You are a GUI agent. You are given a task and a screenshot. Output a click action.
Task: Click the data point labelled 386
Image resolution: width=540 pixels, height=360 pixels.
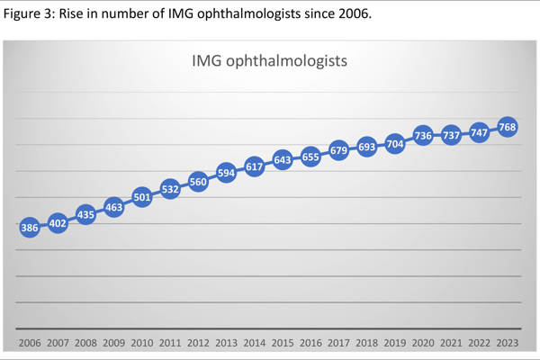29,228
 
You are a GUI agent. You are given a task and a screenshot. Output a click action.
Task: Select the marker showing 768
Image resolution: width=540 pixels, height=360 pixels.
507,128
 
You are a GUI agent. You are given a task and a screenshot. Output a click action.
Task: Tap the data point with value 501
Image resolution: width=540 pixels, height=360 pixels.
141,197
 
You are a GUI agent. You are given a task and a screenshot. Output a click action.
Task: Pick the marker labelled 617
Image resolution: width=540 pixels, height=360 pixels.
254,166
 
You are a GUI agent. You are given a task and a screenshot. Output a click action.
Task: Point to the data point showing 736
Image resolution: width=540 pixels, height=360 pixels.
423,136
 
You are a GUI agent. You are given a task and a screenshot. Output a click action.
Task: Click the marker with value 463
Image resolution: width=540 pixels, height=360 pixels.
113,207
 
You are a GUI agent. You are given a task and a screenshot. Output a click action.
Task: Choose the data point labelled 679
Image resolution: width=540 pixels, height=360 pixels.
338,150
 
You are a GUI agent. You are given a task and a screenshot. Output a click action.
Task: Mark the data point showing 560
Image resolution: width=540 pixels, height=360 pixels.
198,181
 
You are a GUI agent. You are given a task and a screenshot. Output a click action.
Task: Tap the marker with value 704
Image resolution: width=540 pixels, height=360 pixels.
394,143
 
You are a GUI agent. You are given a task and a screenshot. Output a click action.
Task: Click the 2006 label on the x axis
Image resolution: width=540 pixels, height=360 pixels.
29,344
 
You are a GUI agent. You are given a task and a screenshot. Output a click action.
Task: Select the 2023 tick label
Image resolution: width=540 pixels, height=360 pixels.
507,344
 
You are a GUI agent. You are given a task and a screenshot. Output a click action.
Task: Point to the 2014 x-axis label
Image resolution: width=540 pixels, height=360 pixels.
254,344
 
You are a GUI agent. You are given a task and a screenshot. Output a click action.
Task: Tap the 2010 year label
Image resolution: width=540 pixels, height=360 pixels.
141,344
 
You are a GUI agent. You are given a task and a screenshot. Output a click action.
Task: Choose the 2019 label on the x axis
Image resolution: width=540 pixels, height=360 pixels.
394,344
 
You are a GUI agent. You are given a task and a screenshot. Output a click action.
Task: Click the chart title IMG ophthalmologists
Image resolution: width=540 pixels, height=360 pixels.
269,62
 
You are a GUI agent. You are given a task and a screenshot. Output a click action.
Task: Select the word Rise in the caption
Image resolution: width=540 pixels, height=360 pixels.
74,12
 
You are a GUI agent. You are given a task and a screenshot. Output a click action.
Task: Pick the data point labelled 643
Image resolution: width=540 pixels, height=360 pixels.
282,160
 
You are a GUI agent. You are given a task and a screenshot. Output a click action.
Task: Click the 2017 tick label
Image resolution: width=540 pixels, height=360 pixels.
338,344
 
